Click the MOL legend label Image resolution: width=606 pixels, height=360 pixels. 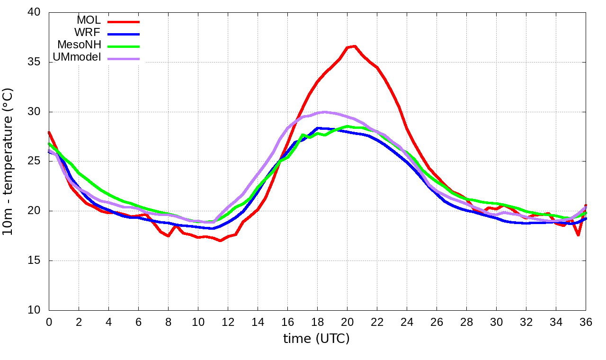[x=89, y=20]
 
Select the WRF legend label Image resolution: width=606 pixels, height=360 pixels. [x=88, y=33]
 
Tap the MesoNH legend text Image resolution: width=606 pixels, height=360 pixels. [x=79, y=45]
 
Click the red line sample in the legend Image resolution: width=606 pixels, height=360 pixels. [x=124, y=22]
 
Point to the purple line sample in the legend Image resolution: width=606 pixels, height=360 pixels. [x=124, y=59]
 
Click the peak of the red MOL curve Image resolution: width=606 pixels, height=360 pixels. [x=355, y=46]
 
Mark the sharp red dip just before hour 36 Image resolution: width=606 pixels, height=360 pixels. [x=578, y=235]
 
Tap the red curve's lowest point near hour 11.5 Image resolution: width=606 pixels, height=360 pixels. [x=221, y=241]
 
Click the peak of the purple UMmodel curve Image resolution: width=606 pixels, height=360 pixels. [x=324, y=112]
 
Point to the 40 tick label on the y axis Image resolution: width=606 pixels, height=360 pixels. [x=35, y=13]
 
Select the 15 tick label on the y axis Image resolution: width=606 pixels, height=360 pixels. [x=35, y=261]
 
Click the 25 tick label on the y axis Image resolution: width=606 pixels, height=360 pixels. [x=35, y=162]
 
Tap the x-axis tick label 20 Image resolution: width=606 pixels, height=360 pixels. [x=347, y=322]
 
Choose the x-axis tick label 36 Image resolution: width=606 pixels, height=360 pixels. [x=586, y=322]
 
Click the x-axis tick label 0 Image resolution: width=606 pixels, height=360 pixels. [x=49, y=322]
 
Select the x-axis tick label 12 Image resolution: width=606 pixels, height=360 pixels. [x=228, y=322]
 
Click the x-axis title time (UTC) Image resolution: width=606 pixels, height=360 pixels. [x=316, y=339]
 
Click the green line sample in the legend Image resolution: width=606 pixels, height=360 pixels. [x=124, y=46]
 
